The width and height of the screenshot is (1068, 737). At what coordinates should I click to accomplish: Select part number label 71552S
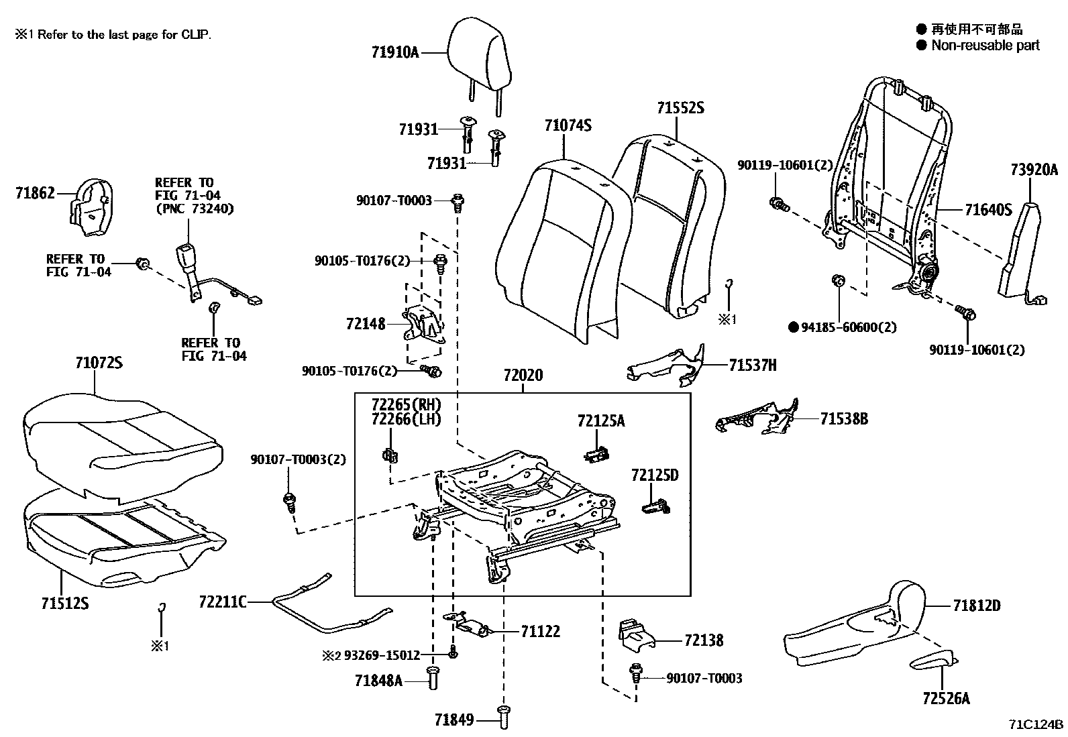[680, 107]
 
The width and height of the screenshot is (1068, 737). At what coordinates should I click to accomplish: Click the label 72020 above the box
[523, 376]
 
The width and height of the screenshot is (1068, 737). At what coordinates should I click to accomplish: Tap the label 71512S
[64, 604]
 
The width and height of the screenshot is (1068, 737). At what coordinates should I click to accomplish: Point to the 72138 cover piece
[635, 636]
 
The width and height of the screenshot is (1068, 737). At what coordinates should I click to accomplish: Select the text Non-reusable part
[985, 45]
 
